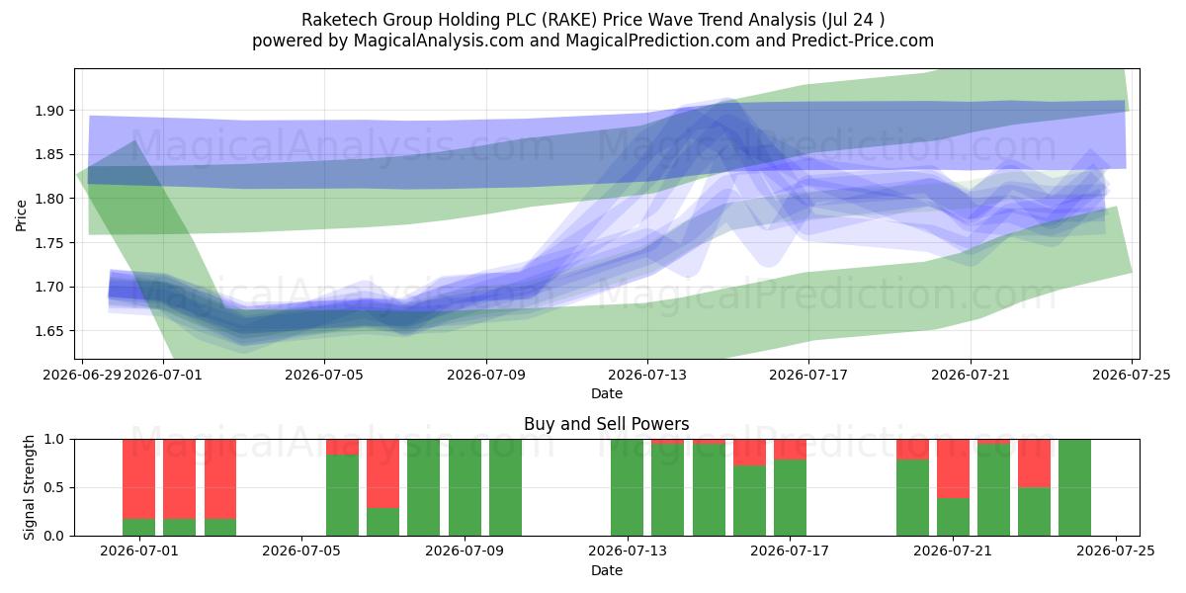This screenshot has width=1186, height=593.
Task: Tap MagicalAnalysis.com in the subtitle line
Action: [439, 41]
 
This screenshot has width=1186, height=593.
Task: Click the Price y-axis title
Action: [21, 215]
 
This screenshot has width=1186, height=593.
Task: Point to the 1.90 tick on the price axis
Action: [49, 111]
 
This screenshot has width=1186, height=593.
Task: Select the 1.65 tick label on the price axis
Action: [49, 331]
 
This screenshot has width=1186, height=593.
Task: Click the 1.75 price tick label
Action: [49, 243]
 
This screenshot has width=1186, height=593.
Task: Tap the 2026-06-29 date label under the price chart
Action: [82, 375]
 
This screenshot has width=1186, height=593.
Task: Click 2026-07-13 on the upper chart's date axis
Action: [647, 375]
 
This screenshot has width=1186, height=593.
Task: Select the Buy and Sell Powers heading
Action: [606, 424]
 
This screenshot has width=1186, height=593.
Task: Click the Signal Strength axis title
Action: [29, 487]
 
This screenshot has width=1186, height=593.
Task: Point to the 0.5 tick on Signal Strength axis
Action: [53, 487]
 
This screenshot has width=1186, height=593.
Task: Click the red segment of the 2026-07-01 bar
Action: [138, 479]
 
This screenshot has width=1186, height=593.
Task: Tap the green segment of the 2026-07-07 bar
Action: [382, 522]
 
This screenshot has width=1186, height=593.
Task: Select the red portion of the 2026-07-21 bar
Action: [953, 468]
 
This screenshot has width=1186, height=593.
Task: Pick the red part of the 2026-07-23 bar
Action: [1034, 464]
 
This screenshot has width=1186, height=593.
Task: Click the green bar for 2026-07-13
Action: [627, 487]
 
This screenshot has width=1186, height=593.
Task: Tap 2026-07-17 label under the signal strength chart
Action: [790, 551]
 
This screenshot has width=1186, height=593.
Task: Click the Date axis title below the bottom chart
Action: [606, 570]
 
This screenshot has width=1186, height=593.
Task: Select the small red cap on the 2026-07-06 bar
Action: [342, 447]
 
